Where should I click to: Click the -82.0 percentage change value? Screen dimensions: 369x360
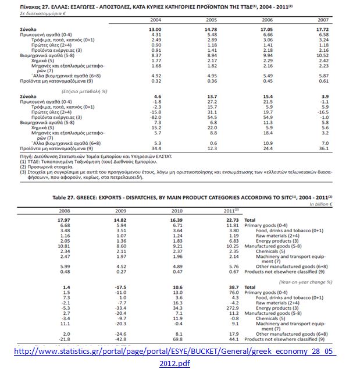155,117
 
